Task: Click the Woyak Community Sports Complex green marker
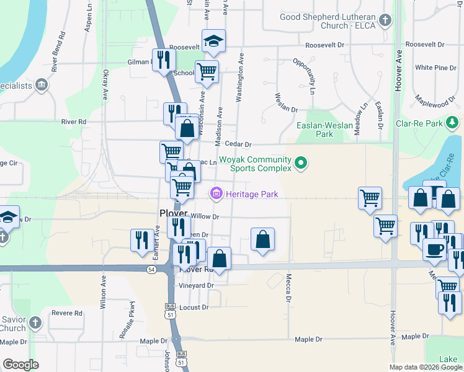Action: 301,164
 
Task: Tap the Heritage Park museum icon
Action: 216,195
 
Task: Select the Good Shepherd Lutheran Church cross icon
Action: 385,21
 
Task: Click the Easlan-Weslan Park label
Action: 324,130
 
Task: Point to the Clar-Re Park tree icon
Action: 454,123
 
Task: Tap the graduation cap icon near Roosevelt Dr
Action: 213,42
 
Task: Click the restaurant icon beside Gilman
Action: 164,60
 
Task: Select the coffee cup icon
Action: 434,249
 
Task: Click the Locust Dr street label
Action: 194,307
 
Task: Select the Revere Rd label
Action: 67,313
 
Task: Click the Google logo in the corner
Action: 20,365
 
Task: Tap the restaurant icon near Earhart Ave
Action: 141,239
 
